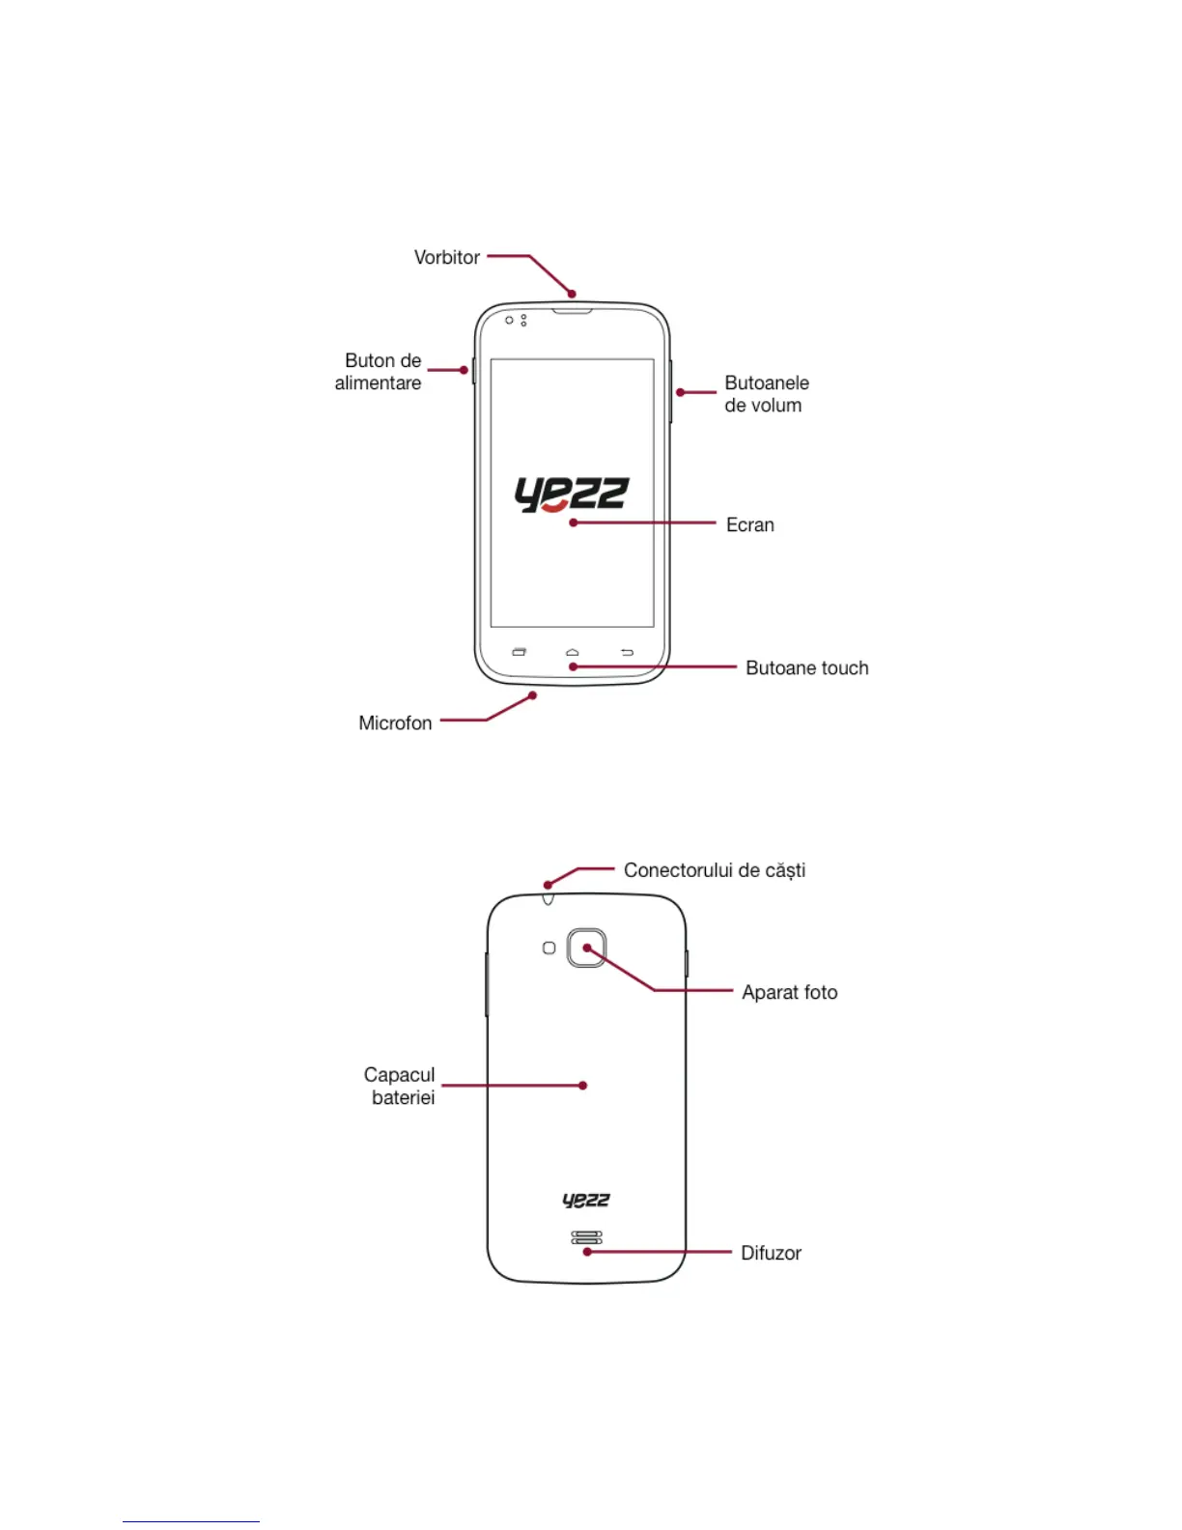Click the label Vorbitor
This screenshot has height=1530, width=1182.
pos(446,258)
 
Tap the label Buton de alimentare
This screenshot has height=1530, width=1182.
pos(379,372)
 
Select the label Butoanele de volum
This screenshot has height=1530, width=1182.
pos(767,394)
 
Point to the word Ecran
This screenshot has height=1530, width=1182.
pos(749,524)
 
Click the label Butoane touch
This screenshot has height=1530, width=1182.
pos(806,668)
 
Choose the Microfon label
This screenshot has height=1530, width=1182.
pos(395,723)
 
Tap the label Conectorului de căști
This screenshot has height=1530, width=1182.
pos(714,870)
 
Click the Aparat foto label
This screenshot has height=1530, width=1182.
pos(789,993)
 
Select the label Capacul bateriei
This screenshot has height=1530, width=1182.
pos(400,1087)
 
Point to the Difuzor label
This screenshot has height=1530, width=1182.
pos(771,1254)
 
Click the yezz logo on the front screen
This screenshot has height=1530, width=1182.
pos(572,494)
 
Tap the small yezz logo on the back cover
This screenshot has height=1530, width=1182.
pos(586,1201)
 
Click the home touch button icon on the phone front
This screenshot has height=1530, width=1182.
pos(572,653)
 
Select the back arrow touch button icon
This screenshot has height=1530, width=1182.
pos(627,653)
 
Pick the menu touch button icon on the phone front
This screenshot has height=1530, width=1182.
pos(519,653)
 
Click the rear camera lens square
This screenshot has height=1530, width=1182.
pos(586,949)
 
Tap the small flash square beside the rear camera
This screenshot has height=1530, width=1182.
pos(549,949)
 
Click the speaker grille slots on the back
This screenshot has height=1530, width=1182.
pos(586,1237)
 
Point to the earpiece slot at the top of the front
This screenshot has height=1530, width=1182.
pos(572,312)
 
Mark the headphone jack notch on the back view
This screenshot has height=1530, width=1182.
pos(548,899)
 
